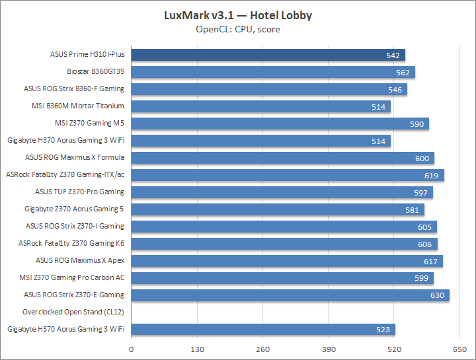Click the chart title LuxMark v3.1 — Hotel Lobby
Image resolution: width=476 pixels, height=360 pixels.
[x=238, y=15]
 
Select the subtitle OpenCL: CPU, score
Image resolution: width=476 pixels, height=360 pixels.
[x=238, y=29]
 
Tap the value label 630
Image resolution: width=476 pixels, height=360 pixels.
[x=438, y=295]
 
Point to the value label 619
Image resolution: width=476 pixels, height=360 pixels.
[x=432, y=175]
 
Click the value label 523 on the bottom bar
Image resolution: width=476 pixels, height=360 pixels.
[x=383, y=330]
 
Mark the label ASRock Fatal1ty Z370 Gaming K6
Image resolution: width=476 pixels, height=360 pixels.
[x=71, y=243]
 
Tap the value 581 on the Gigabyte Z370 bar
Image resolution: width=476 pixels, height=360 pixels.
[x=412, y=209]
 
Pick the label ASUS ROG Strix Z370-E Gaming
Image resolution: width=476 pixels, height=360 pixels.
[x=74, y=295]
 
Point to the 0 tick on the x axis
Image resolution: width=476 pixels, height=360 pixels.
[x=132, y=349]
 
